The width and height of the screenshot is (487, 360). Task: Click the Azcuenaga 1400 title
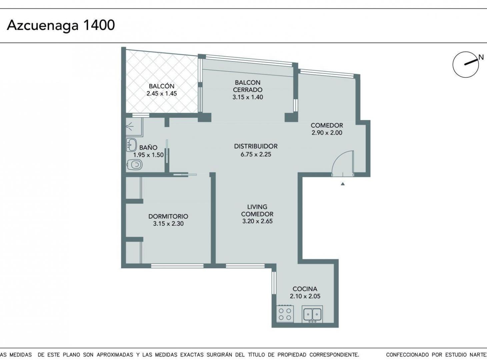[61, 25]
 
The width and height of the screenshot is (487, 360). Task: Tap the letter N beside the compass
[481, 57]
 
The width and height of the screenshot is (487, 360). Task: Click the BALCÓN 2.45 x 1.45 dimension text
[162, 94]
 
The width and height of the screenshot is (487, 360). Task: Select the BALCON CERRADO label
[248, 86]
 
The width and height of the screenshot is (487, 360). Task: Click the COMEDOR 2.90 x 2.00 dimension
[327, 133]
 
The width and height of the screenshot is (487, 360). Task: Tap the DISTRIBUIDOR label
[256, 146]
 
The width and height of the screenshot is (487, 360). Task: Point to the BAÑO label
[148, 147]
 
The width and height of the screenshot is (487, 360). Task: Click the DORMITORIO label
[168, 216]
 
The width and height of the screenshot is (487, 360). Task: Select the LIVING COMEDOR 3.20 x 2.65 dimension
[257, 221]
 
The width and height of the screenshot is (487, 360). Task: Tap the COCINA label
[305, 289]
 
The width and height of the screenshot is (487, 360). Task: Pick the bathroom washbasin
[132, 145]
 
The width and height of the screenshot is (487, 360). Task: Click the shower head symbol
[129, 126]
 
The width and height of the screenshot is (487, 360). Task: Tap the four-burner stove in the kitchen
[285, 314]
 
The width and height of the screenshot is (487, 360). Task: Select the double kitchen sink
[312, 314]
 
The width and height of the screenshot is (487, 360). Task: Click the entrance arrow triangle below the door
[343, 184]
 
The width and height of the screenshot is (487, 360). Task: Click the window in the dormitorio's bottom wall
[177, 266]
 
